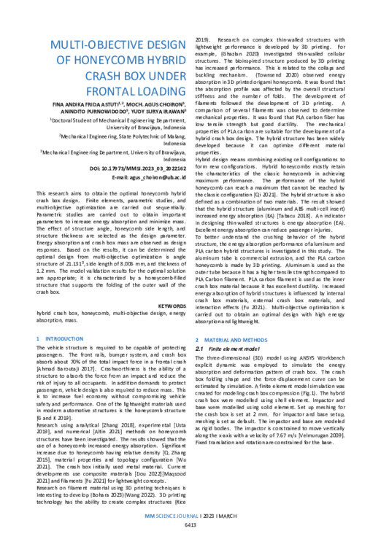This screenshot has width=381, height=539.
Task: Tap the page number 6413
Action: click(189, 525)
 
